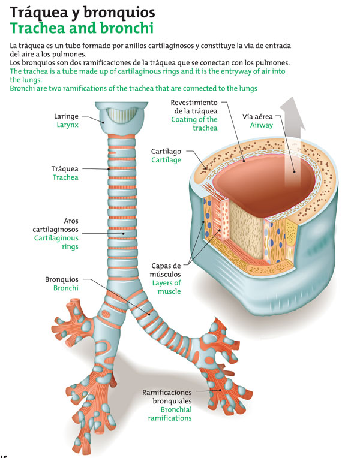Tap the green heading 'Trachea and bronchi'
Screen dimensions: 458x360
(82, 28)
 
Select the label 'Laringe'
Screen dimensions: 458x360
(68, 116)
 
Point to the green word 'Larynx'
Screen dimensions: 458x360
(68, 125)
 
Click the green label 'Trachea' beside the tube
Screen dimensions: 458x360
(65, 177)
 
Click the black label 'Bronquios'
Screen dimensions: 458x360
(62, 279)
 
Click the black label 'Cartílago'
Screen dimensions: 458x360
(166, 151)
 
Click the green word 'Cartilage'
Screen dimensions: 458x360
(166, 161)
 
